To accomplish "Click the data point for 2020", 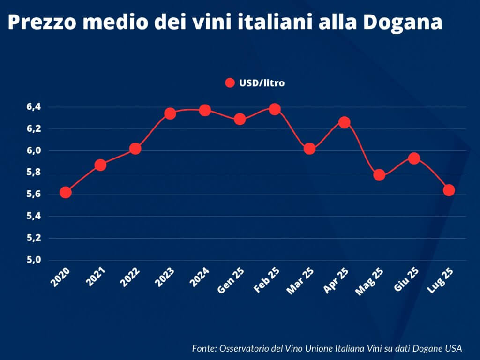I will tap(66, 192).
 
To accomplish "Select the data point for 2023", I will tap(170, 113).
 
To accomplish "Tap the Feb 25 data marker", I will tap(275, 109).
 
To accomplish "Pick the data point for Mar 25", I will tap(309, 149).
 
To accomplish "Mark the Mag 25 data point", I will tap(379, 175).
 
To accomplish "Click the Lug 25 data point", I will tap(449, 190).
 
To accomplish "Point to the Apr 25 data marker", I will tap(345, 122).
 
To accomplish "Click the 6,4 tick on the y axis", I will tap(34, 107).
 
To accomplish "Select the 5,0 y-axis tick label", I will tap(34, 260).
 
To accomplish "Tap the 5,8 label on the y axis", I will tap(34, 172).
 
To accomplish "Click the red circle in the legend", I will tap(230, 83).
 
